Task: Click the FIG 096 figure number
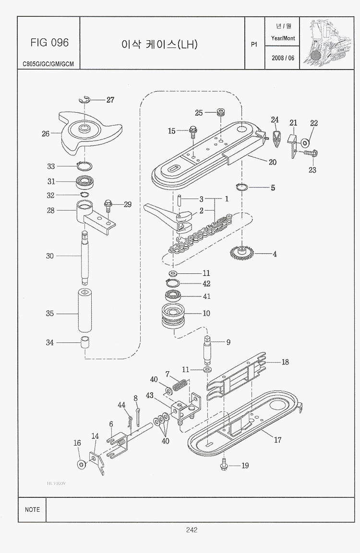click(x=49, y=43)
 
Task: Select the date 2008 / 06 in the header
click(x=283, y=58)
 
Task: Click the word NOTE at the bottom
click(x=32, y=509)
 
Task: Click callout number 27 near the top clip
click(x=110, y=100)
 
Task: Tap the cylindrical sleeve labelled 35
click(x=86, y=313)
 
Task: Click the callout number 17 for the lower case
click(x=277, y=440)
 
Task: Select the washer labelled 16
click(x=81, y=464)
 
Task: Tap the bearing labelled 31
click(x=87, y=182)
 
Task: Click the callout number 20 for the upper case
click(x=273, y=162)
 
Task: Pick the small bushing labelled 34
click(x=86, y=342)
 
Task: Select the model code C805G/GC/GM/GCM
click(x=48, y=63)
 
